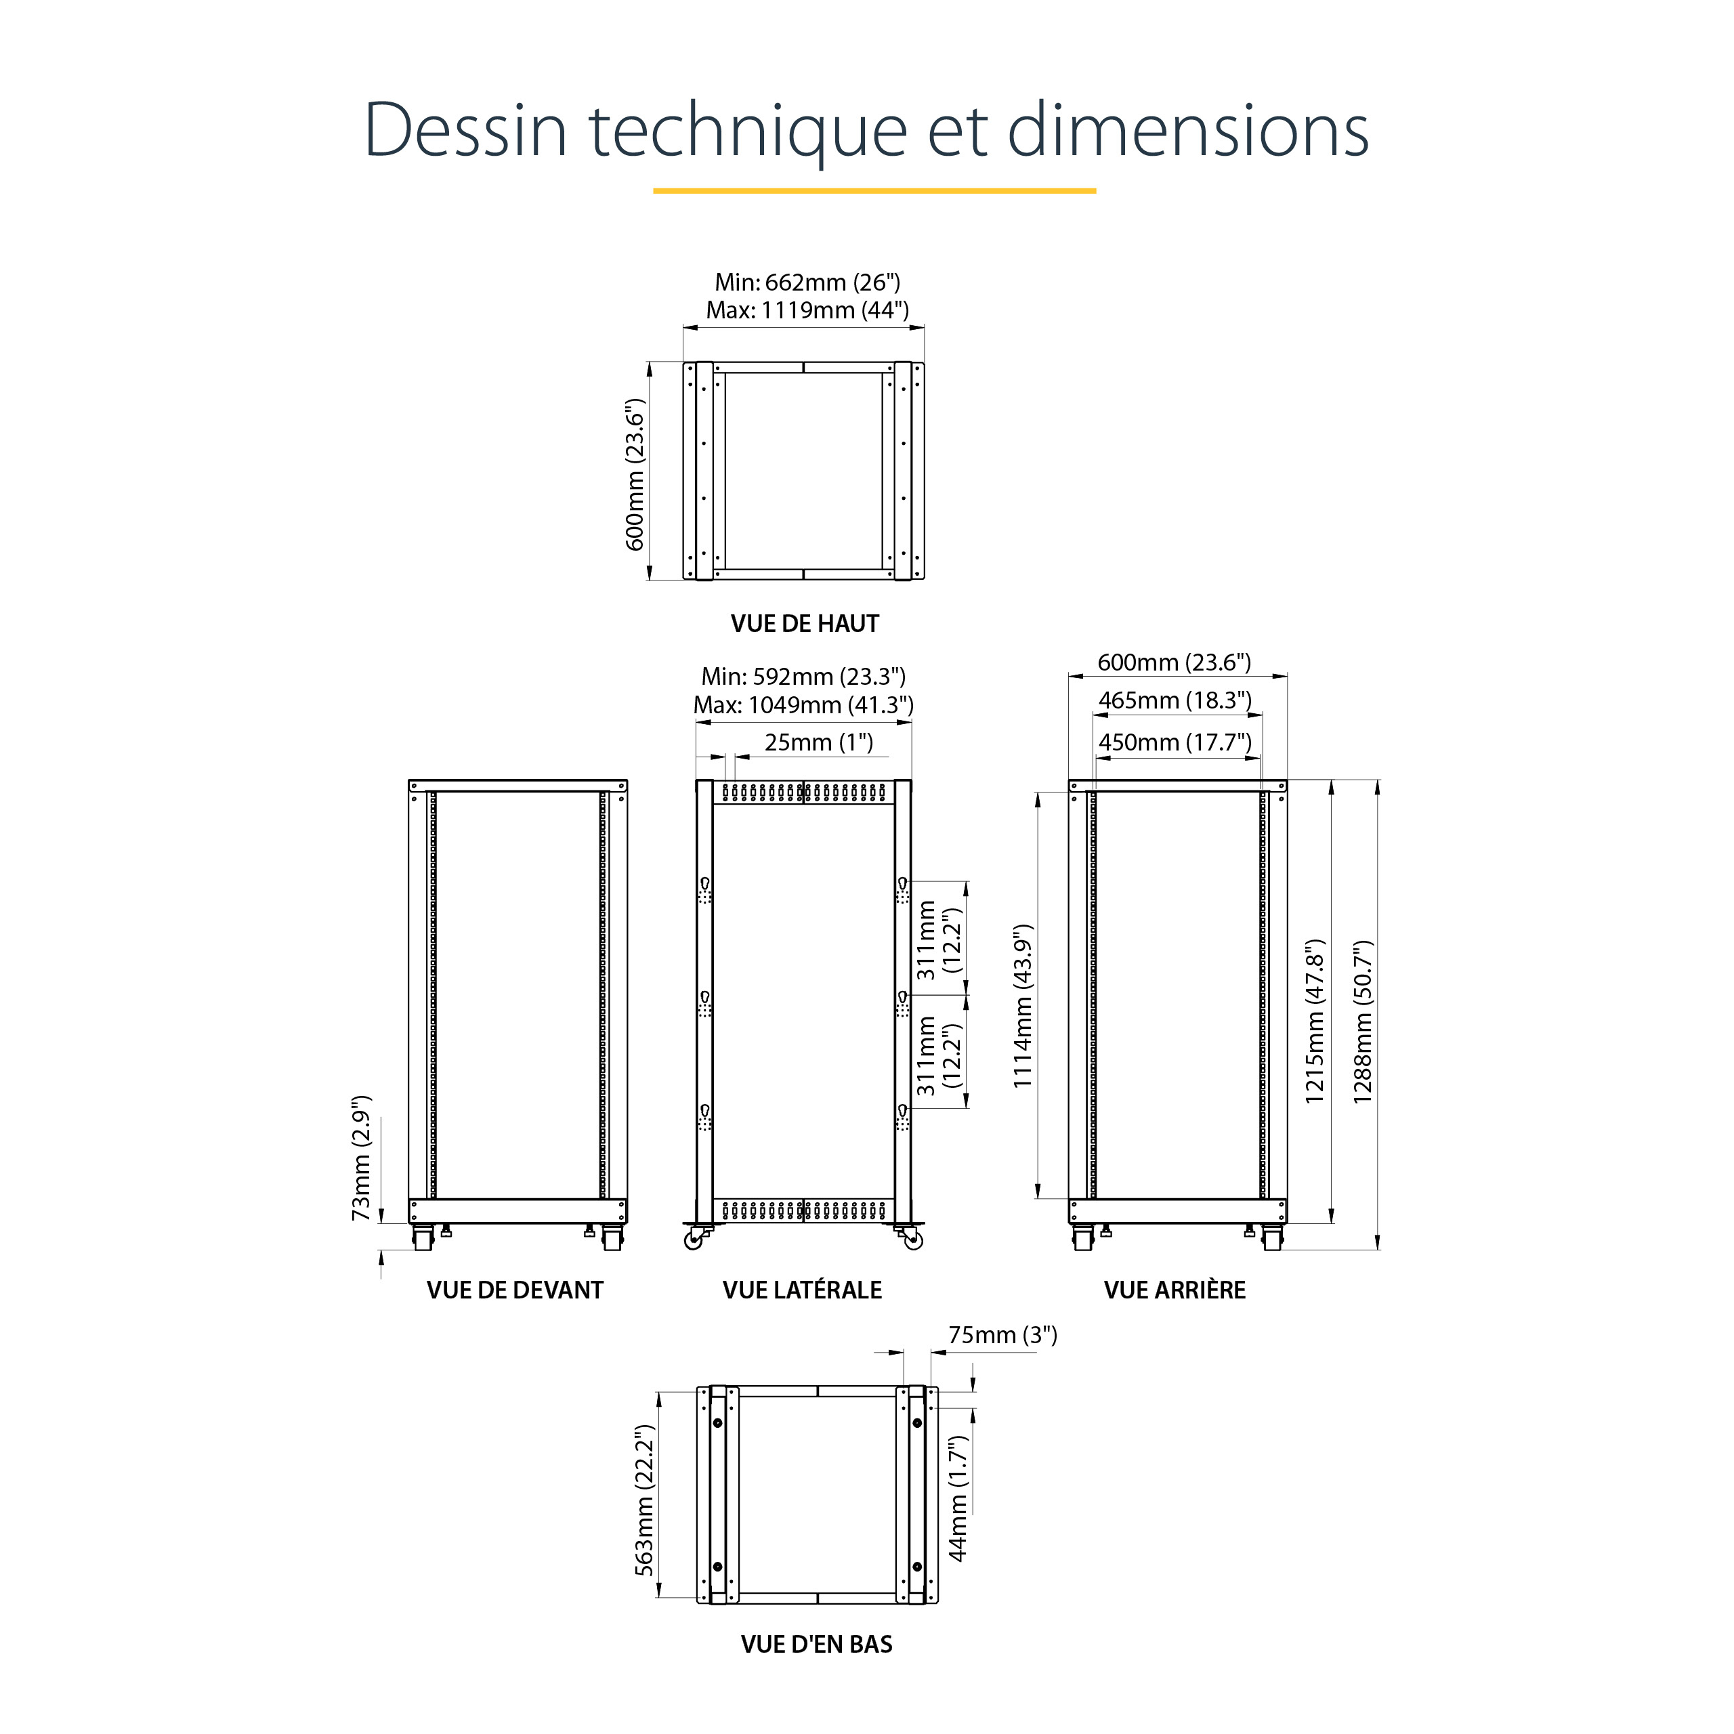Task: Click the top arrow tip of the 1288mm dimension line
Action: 1378,780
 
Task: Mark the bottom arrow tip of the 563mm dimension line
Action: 659,1599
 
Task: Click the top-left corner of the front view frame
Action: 409,780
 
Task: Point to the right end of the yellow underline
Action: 1096,190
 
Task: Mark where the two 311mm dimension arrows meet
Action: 966,995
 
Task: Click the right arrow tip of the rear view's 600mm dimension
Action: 1287,676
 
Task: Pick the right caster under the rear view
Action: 1272,1238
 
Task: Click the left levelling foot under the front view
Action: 446,1231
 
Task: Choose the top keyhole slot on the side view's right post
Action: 902,883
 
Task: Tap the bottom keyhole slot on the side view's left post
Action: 705,1110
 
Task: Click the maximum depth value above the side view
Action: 803,704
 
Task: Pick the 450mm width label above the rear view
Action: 1175,742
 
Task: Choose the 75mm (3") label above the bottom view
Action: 1002,1334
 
